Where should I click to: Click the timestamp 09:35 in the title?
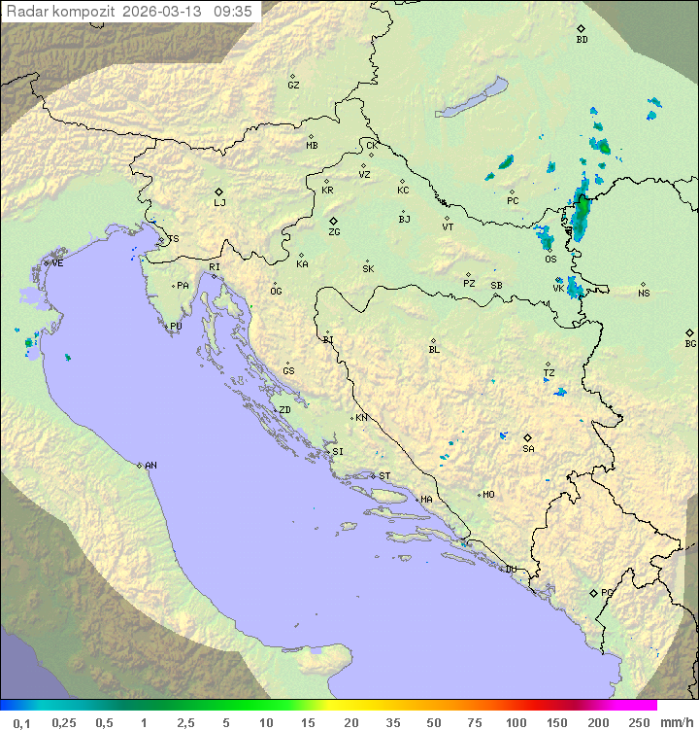point(233,12)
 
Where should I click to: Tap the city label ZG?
point(334,232)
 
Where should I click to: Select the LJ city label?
point(219,203)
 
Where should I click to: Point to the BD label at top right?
point(582,40)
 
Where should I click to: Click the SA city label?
point(528,449)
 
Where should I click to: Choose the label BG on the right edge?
point(690,343)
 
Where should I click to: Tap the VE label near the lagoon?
point(57,263)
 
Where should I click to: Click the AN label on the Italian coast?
point(150,466)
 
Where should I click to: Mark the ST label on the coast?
point(384,476)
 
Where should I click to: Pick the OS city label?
point(550,260)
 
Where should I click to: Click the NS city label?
point(644,294)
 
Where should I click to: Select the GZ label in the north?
point(293,86)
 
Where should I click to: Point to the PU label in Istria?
point(176,327)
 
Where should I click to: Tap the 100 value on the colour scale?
point(516,722)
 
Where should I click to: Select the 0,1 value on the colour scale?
point(21,722)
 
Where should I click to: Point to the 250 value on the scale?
point(638,722)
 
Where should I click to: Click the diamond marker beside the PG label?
point(593,592)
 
